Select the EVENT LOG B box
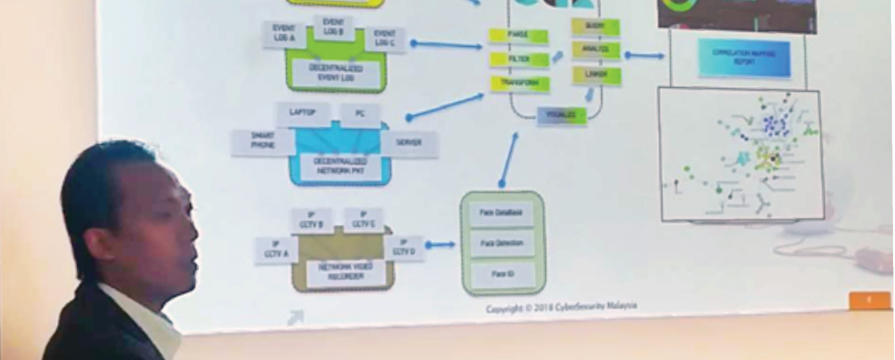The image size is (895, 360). (x=333, y=27)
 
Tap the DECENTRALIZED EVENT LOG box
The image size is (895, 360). (x=336, y=73)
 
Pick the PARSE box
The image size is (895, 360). (x=518, y=35)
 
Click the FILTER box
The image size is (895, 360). (x=519, y=59)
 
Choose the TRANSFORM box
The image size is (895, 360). (x=519, y=83)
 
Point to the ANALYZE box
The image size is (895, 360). (x=595, y=49)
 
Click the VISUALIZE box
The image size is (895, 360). (x=561, y=115)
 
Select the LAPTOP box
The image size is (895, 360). (x=302, y=113)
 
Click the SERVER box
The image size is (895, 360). (x=409, y=143)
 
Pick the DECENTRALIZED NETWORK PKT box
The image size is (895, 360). (x=341, y=166)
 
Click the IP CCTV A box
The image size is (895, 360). (x=276, y=249)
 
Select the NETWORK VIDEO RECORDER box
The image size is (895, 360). (x=346, y=272)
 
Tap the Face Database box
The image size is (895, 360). (x=501, y=213)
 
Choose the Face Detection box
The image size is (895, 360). (x=502, y=243)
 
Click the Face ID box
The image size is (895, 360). (x=503, y=274)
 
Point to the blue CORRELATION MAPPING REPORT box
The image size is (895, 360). (x=744, y=58)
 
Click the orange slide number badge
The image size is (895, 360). (x=869, y=300)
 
